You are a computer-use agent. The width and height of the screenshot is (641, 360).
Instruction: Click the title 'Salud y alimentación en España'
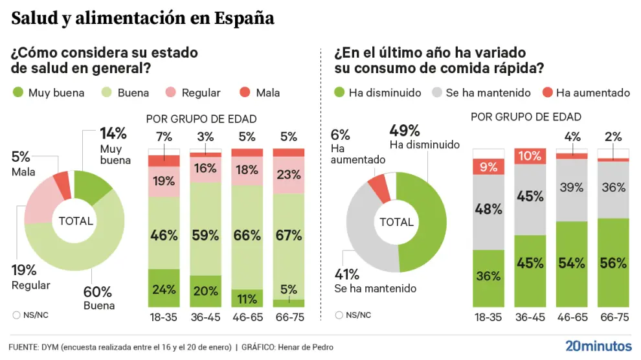coord(142,18)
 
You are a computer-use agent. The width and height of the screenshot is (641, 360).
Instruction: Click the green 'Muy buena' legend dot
coord(18,93)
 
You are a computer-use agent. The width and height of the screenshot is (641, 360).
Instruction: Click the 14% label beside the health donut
coord(113,134)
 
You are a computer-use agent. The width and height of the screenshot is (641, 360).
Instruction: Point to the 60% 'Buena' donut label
coord(98,292)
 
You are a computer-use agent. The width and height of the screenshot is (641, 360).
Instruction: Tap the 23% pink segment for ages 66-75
coord(288,175)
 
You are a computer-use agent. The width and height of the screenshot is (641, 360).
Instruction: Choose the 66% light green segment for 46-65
coord(247,235)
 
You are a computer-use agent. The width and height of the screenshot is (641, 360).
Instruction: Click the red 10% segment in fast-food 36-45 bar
coord(530,156)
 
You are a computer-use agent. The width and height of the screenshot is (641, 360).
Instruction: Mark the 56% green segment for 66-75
coord(613,263)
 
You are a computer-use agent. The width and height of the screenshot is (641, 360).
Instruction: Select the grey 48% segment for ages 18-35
coord(489,209)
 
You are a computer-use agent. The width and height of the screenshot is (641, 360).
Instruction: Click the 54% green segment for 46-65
coord(572,263)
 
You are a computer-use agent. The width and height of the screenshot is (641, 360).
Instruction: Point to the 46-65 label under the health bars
coord(247,317)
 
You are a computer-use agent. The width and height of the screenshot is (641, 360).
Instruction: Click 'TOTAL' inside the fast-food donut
coord(396,222)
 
